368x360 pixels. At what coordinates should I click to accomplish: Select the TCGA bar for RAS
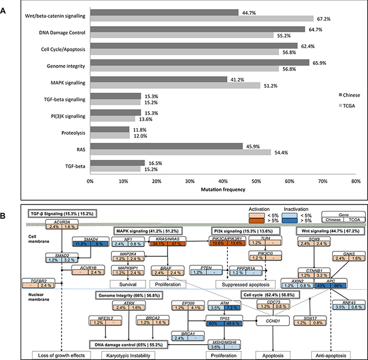pyautogui.click(x=180, y=153)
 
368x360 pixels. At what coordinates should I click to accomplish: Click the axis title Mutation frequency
pyautogui.click(x=222, y=189)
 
